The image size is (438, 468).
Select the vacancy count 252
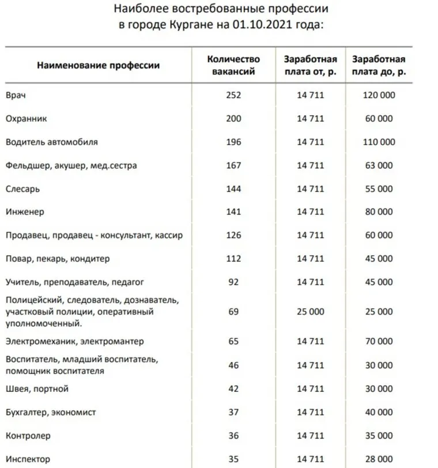coord(233,95)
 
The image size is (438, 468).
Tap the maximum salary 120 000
coord(378,95)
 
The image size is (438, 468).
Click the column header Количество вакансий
coord(233,65)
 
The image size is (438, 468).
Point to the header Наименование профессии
coord(99,65)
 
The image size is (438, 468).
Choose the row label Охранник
coord(26,119)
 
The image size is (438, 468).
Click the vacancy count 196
coord(233,142)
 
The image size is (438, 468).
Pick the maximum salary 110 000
coord(378,142)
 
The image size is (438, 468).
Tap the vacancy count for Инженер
coord(233,212)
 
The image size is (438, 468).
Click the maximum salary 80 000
coord(378,212)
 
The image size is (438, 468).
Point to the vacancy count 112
coord(233,259)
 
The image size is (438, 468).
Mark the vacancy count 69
coord(233,311)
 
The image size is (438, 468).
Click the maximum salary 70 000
coord(378,341)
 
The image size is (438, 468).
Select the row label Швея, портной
coord(37,388)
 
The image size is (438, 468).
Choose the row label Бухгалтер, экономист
coord(51,412)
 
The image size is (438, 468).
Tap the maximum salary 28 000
coord(378,459)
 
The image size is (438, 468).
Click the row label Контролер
coord(28,436)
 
